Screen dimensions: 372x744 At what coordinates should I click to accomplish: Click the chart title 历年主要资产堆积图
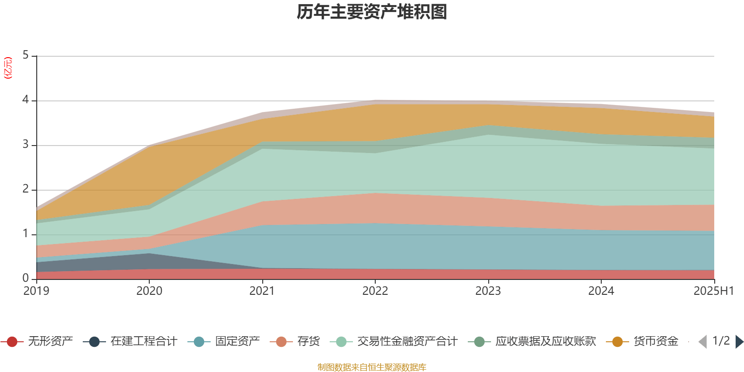tap(372, 12)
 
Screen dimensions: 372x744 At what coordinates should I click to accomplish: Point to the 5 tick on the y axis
tap(26, 56)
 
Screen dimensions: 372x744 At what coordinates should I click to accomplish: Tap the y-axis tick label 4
tap(26, 100)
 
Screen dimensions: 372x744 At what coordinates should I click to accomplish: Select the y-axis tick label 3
tap(26, 145)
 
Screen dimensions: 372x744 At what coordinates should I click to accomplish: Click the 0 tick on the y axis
tap(26, 279)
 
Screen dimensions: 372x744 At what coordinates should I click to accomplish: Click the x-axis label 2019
tap(36, 291)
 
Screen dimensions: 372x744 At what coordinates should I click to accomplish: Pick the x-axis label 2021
tap(262, 291)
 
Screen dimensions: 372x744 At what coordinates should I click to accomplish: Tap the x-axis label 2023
tap(488, 291)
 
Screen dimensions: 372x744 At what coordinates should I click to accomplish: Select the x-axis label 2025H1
tap(713, 291)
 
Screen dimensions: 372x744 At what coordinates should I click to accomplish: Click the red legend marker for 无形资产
tap(13, 342)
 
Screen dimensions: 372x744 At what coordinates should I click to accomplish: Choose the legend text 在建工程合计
tap(144, 342)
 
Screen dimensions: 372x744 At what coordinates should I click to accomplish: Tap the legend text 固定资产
tap(237, 342)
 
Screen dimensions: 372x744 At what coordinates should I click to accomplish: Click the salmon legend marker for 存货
tap(281, 342)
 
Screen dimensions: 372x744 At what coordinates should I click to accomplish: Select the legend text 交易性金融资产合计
tap(407, 342)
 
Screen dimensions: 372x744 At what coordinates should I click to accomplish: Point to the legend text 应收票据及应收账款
tap(545, 342)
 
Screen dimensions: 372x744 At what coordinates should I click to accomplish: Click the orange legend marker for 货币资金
tap(618, 342)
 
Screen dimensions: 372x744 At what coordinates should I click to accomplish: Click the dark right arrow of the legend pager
tap(739, 342)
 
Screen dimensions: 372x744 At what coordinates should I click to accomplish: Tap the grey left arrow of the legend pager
tap(703, 342)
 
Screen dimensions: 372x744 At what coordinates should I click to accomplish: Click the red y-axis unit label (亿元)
tap(8, 68)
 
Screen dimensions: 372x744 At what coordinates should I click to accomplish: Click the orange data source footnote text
tap(372, 367)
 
